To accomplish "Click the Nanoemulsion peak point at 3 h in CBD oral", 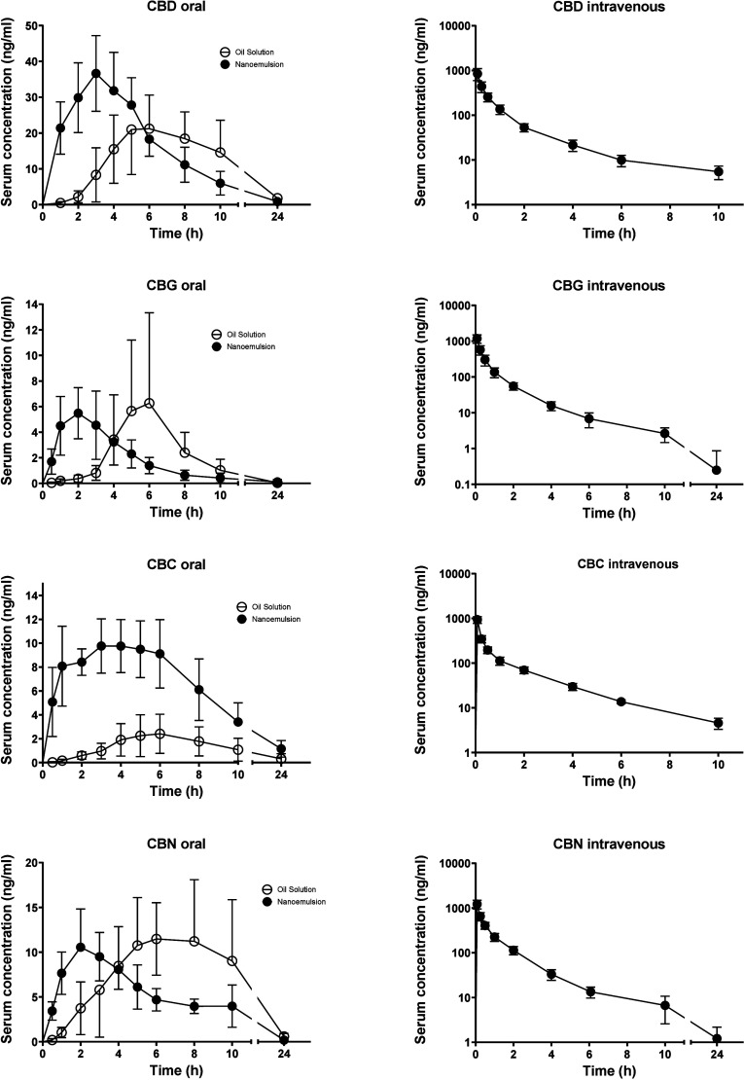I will coord(96,73).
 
